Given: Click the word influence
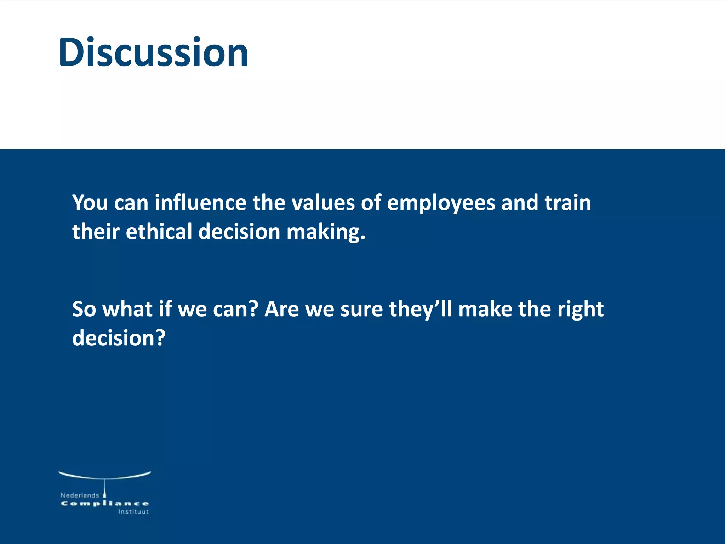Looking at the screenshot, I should point(200,203).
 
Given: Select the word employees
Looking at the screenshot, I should point(441,204).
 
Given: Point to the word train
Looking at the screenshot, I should point(567,203).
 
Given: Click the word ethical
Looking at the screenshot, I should point(159,232).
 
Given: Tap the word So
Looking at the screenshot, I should point(84,309).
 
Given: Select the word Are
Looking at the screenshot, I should point(281,309).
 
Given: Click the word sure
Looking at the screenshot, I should point(361,309).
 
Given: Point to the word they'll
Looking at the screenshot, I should point(420,309).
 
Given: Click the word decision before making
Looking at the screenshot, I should point(239,232).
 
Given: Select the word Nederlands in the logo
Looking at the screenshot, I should point(80,495).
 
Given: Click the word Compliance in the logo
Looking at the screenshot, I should point(105,504).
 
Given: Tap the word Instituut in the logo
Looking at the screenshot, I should point(133,512).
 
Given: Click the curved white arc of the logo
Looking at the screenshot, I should point(105,476).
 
